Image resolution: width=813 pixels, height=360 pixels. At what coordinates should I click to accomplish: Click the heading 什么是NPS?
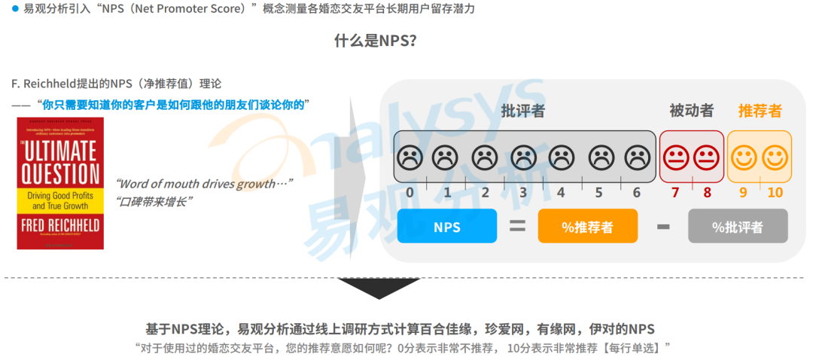point(375,41)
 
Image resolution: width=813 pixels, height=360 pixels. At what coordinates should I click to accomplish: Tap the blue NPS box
point(446,226)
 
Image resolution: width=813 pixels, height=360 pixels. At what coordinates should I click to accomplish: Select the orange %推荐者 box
point(587,226)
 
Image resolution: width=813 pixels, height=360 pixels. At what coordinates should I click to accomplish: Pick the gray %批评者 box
point(738,226)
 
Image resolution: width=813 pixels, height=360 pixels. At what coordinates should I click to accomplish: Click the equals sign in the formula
point(517,225)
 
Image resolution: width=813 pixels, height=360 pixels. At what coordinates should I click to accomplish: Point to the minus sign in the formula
point(662,226)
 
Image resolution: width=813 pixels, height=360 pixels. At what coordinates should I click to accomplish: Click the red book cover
point(60,183)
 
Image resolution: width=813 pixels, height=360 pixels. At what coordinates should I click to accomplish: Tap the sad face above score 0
point(410,157)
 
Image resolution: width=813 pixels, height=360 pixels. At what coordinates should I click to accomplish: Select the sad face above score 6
point(638,157)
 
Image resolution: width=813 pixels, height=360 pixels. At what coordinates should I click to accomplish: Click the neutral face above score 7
point(675,157)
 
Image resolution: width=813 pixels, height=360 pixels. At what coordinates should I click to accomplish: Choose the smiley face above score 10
point(775,157)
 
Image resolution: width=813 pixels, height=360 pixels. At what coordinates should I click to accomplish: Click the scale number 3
point(523,192)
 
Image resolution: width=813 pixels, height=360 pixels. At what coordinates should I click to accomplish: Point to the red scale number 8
point(707,192)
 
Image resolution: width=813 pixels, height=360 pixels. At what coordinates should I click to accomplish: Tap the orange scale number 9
point(743,192)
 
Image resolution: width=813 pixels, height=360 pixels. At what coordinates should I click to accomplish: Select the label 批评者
point(523,111)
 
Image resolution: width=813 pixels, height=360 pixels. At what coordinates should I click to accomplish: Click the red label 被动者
point(691,111)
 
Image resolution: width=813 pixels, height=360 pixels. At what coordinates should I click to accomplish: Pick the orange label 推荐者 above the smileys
point(760,111)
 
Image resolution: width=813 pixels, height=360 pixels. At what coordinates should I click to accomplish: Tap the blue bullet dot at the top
point(15,9)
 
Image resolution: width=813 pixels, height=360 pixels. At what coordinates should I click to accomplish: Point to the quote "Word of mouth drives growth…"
point(203,184)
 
